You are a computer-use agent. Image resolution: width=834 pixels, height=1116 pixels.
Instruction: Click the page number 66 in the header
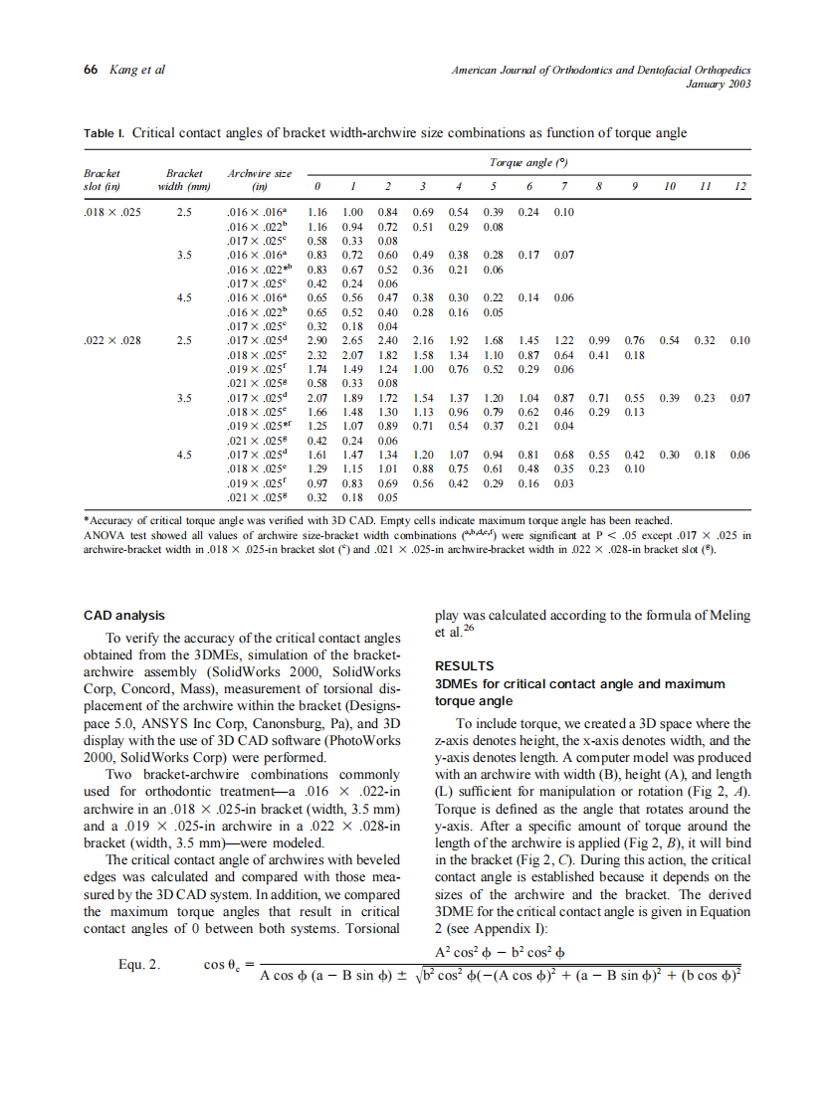[90, 70]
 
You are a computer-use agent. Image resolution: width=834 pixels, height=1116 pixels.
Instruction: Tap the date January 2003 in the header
[719, 84]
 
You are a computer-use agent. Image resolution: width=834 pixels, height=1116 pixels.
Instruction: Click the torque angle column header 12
[738, 186]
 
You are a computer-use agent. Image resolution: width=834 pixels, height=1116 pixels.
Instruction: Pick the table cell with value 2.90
[317, 340]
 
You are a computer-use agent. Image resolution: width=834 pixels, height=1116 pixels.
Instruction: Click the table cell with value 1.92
[458, 340]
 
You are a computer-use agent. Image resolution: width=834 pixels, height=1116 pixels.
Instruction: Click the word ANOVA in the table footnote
[103, 535]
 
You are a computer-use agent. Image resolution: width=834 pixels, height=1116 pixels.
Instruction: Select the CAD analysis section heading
[124, 616]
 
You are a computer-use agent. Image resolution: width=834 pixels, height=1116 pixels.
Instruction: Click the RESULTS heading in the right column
[465, 665]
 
